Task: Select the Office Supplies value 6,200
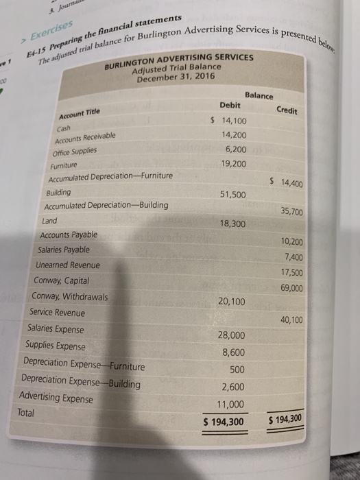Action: coord(239,149)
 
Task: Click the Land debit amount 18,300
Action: coord(234,224)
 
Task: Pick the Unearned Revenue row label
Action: coord(69,265)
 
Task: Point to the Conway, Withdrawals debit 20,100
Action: coord(232,301)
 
